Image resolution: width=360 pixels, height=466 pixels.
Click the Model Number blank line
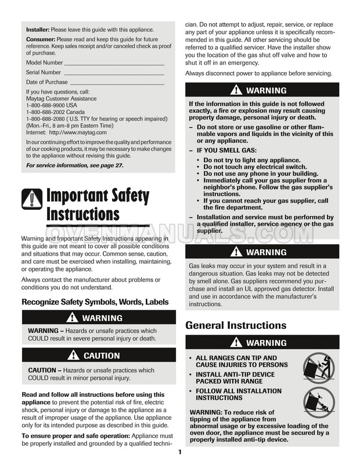pos(114,62)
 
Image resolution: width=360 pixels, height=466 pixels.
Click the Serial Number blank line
pos(113,73)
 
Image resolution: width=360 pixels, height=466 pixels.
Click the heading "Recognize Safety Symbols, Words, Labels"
pos(95,302)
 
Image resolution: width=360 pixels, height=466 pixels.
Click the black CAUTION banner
pos(98,355)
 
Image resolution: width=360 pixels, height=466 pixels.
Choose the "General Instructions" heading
pos(236,325)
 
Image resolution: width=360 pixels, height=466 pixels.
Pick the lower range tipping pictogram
pos(319,402)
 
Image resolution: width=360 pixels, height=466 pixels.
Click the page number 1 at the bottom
pos(180,453)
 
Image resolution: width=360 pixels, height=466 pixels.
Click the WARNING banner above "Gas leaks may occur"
pos(261,253)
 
